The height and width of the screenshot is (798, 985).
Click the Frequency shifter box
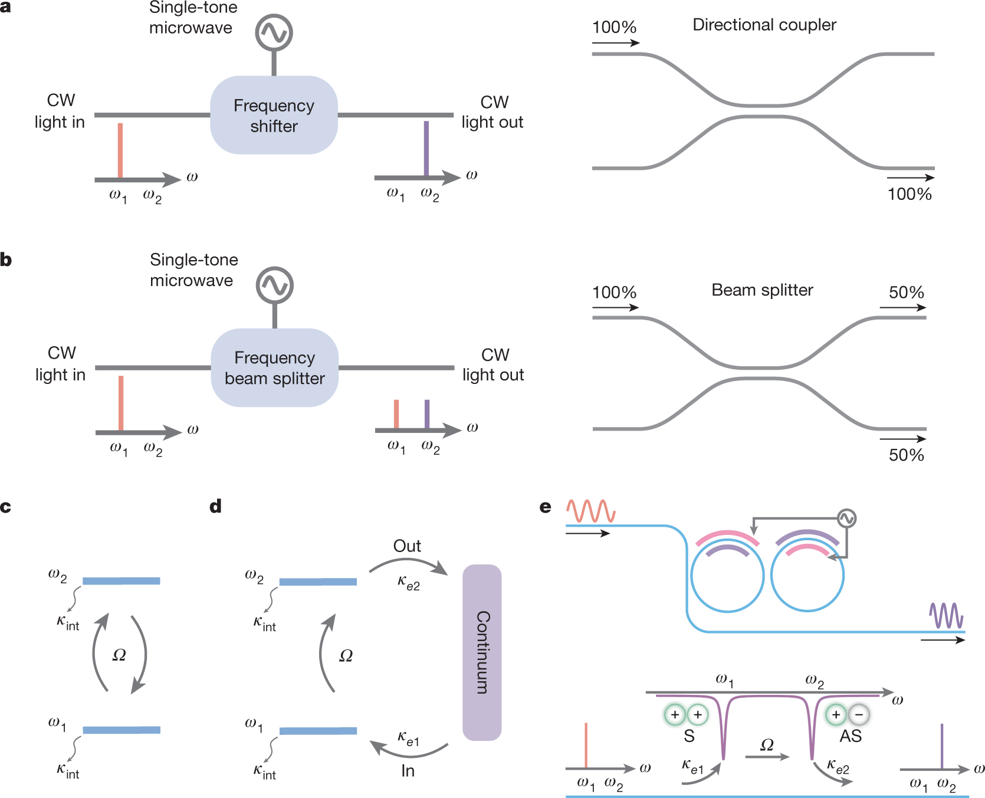pyautogui.click(x=274, y=116)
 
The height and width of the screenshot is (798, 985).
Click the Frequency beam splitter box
pyautogui.click(x=274, y=368)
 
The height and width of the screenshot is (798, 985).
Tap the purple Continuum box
pyautogui.click(x=482, y=652)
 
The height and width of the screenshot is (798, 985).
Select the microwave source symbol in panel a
pyautogui.click(x=274, y=32)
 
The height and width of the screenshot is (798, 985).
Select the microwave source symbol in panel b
pyautogui.click(x=274, y=285)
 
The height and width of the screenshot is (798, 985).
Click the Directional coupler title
pyautogui.click(x=764, y=25)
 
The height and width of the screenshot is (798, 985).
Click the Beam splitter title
pyautogui.click(x=762, y=290)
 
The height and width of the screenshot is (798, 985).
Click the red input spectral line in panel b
pyautogui.click(x=121, y=403)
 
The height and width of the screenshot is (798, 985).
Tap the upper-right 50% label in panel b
pyautogui.click(x=906, y=293)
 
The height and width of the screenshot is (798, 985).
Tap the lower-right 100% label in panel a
pyautogui.click(x=909, y=194)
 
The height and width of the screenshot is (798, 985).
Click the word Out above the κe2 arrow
pyautogui.click(x=407, y=546)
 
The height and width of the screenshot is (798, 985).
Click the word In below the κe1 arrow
pyautogui.click(x=408, y=771)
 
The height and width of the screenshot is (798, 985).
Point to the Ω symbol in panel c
pyautogui.click(x=119, y=655)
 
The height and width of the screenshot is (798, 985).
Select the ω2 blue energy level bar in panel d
pyautogui.click(x=318, y=582)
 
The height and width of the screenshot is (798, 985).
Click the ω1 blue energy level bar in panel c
pyautogui.click(x=122, y=730)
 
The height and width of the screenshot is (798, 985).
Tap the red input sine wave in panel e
pyautogui.click(x=590, y=511)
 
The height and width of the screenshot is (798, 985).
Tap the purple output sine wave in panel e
pyautogui.click(x=946, y=616)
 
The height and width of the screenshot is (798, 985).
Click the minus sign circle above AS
pyautogui.click(x=859, y=715)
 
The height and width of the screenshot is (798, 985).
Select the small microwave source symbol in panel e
pyautogui.click(x=846, y=518)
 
